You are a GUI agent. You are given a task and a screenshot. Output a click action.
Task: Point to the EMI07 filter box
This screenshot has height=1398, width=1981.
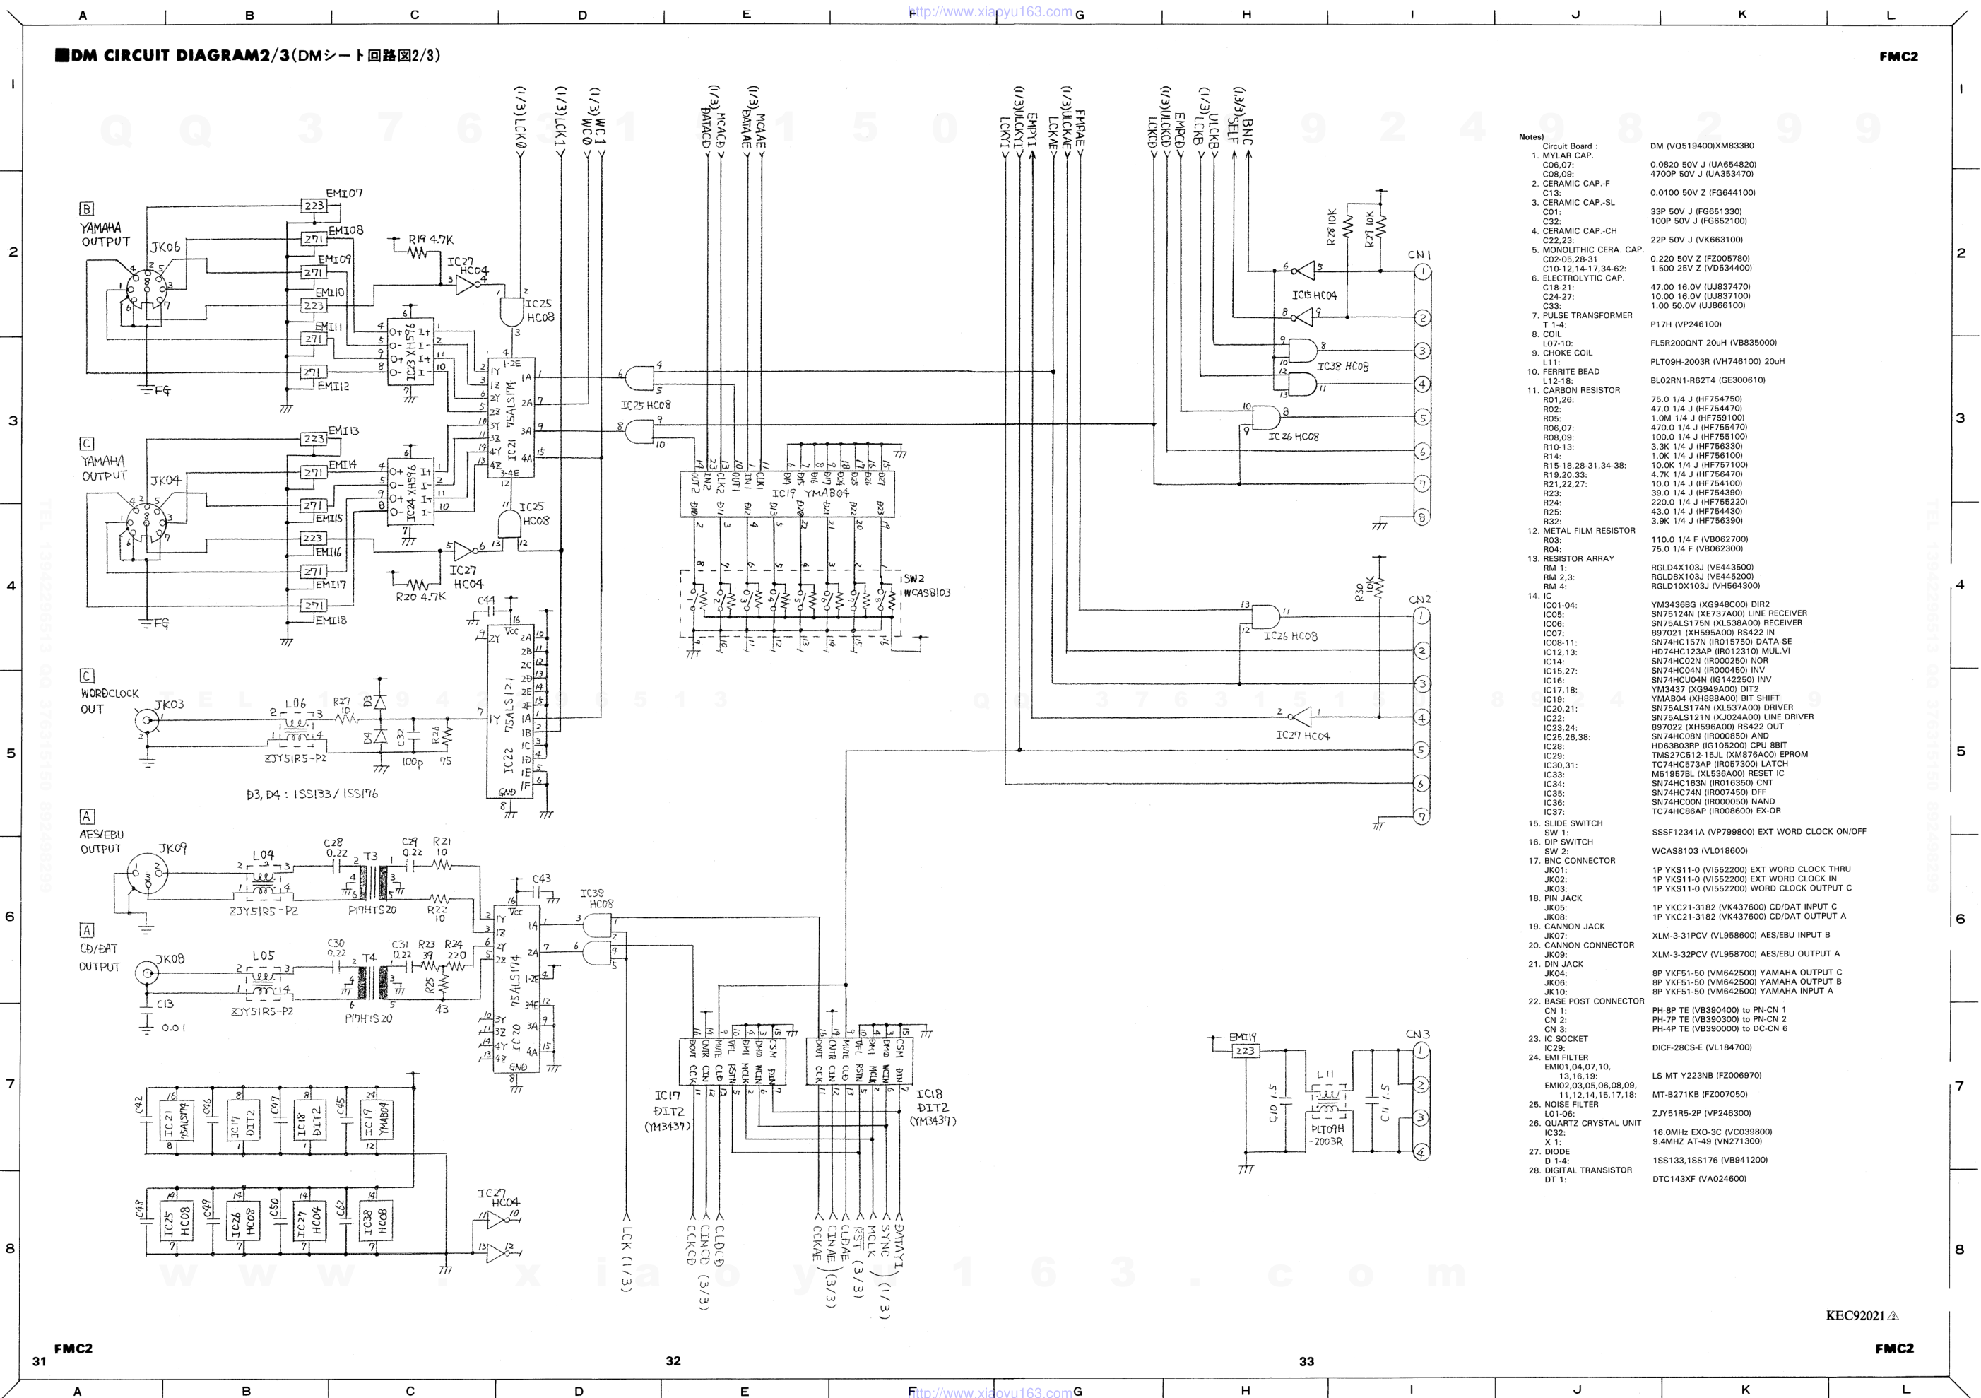[313, 206]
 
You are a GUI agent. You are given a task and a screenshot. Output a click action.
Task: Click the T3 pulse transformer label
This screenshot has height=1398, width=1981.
[370, 856]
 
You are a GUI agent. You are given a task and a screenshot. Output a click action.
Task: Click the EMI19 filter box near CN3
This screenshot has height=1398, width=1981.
[1244, 1051]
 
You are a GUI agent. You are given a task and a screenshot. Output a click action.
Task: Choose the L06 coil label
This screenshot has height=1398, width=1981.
[295, 704]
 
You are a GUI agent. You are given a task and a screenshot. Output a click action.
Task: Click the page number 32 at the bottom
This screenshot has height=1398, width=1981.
[673, 1361]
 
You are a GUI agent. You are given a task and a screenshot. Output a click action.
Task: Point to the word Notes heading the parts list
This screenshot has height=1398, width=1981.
[1531, 137]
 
